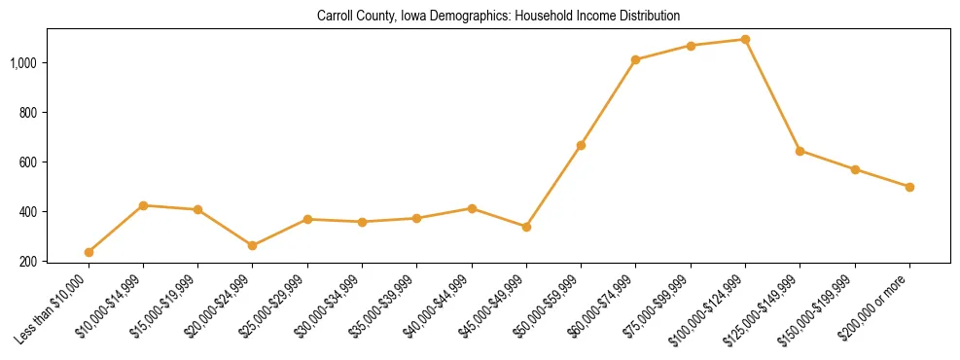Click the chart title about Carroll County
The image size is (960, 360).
(498, 17)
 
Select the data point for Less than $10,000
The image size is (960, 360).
(89, 252)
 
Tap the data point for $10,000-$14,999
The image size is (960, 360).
(143, 205)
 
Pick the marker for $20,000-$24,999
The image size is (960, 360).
(253, 245)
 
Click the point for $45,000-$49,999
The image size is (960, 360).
(526, 227)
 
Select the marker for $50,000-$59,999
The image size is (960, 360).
(581, 145)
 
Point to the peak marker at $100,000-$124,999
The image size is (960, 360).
(745, 39)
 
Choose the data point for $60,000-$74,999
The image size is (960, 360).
(635, 59)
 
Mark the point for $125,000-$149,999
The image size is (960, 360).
(800, 151)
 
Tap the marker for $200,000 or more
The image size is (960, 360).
(909, 187)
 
